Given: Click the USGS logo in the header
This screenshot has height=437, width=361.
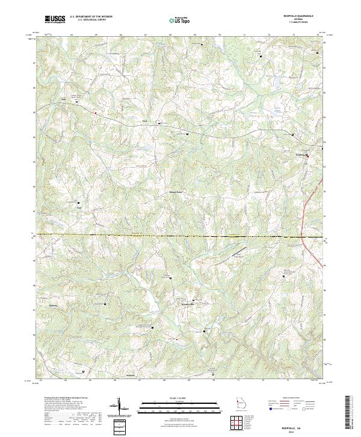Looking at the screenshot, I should [55, 19].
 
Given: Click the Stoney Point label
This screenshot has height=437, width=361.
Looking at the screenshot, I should [174, 193].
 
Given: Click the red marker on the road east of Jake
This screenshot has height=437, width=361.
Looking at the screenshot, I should [95, 112].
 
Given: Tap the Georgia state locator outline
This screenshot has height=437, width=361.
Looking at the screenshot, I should [241, 403].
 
